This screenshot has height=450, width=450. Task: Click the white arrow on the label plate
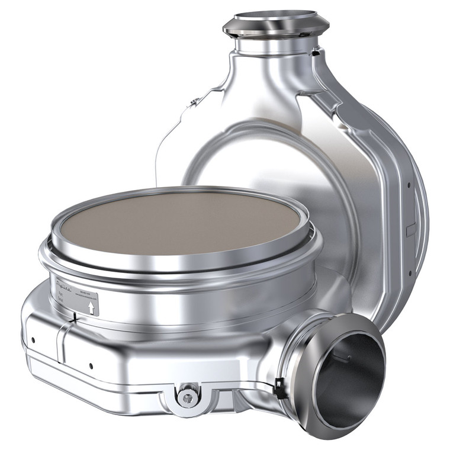(91, 307)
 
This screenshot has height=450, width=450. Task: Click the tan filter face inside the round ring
(181, 222)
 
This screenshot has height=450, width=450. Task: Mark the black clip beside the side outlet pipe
(278, 388)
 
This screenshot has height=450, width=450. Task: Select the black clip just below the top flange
(314, 53)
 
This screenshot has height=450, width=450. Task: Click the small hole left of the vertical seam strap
(33, 340)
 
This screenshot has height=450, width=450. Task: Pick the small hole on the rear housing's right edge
(409, 184)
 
